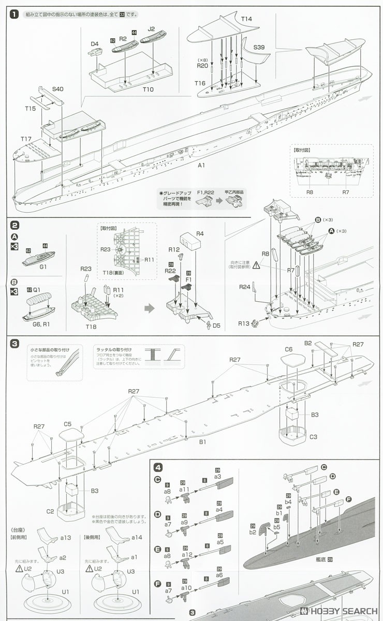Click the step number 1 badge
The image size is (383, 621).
pos(14,14)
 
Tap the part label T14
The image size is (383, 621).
pos(246,19)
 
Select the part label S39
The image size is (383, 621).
pos(259,47)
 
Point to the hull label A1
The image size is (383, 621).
pos(201,165)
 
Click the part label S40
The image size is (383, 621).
pos(58,90)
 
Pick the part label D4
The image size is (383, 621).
pos(95,44)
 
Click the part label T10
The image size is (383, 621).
pos(148,90)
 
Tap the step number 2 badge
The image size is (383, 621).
pos(14,225)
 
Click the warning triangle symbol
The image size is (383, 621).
pos(256,265)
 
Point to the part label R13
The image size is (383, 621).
pos(244,323)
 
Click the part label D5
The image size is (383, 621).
pos(216,326)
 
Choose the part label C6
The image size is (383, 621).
pos(288,349)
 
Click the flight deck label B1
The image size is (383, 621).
pos(202,442)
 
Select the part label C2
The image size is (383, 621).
pos(50,511)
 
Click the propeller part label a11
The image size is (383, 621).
pos(184,489)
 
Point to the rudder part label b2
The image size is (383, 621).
pos(253,531)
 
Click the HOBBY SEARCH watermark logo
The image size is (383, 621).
pos(339,610)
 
